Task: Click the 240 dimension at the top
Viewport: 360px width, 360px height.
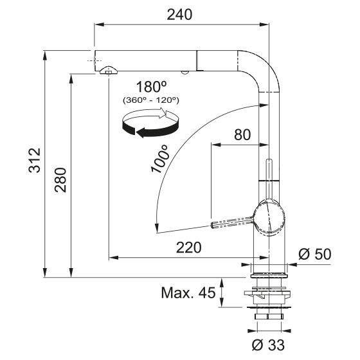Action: [180, 14]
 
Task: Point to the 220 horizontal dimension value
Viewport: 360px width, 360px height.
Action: [188, 248]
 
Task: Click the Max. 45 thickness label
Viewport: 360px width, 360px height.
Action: [187, 294]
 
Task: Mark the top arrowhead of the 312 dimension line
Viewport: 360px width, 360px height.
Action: [46, 54]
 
